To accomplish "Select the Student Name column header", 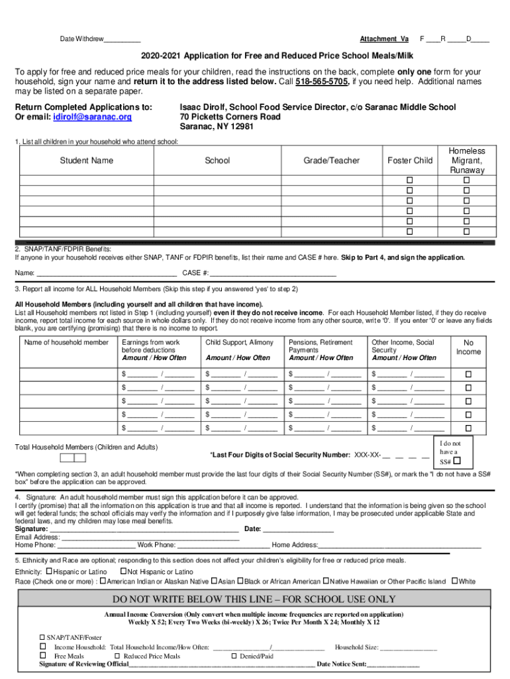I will (x=87, y=160).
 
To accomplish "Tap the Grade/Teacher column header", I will (x=331, y=160).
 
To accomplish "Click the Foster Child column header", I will (x=409, y=160).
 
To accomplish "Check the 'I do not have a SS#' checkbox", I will (x=456, y=461).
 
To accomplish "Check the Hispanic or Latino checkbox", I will (x=49, y=571).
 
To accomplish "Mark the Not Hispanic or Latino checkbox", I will (x=123, y=571).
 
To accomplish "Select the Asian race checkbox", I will (x=214, y=582).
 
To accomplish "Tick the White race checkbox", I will (x=454, y=582).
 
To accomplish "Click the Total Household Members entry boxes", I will (x=73, y=458).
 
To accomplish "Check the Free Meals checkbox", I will (x=43, y=656).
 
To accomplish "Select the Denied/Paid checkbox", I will (x=234, y=656).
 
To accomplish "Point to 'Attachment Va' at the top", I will (x=384, y=38).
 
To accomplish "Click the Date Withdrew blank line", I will (x=122, y=40).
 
